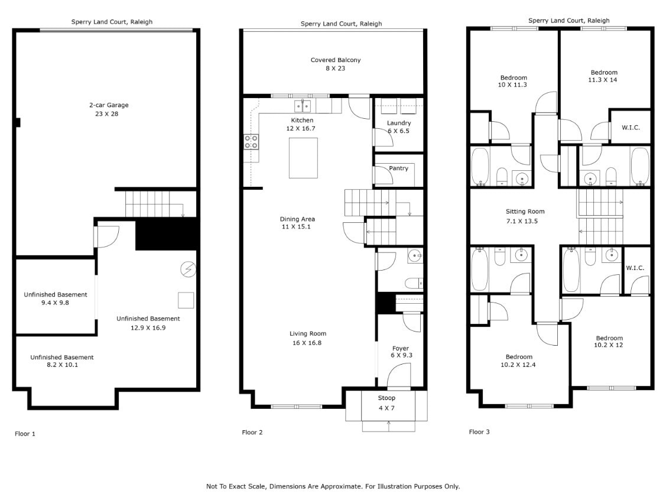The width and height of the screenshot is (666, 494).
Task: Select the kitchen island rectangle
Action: click(303, 157)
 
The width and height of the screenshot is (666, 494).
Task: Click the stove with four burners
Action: click(251, 141)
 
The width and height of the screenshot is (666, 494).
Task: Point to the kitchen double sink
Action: click(303, 106)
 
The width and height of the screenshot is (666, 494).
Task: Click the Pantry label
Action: click(398, 168)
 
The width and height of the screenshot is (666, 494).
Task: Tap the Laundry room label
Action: click(398, 123)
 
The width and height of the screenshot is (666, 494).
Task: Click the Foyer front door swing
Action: click(398, 375)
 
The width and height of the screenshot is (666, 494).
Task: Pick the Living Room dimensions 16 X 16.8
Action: click(307, 343)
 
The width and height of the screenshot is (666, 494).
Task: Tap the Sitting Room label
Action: click(525, 212)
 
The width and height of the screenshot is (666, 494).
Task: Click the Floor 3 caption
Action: click(479, 432)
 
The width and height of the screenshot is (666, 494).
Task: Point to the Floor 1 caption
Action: click(25, 434)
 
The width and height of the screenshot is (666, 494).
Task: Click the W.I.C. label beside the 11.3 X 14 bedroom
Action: click(631, 128)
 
